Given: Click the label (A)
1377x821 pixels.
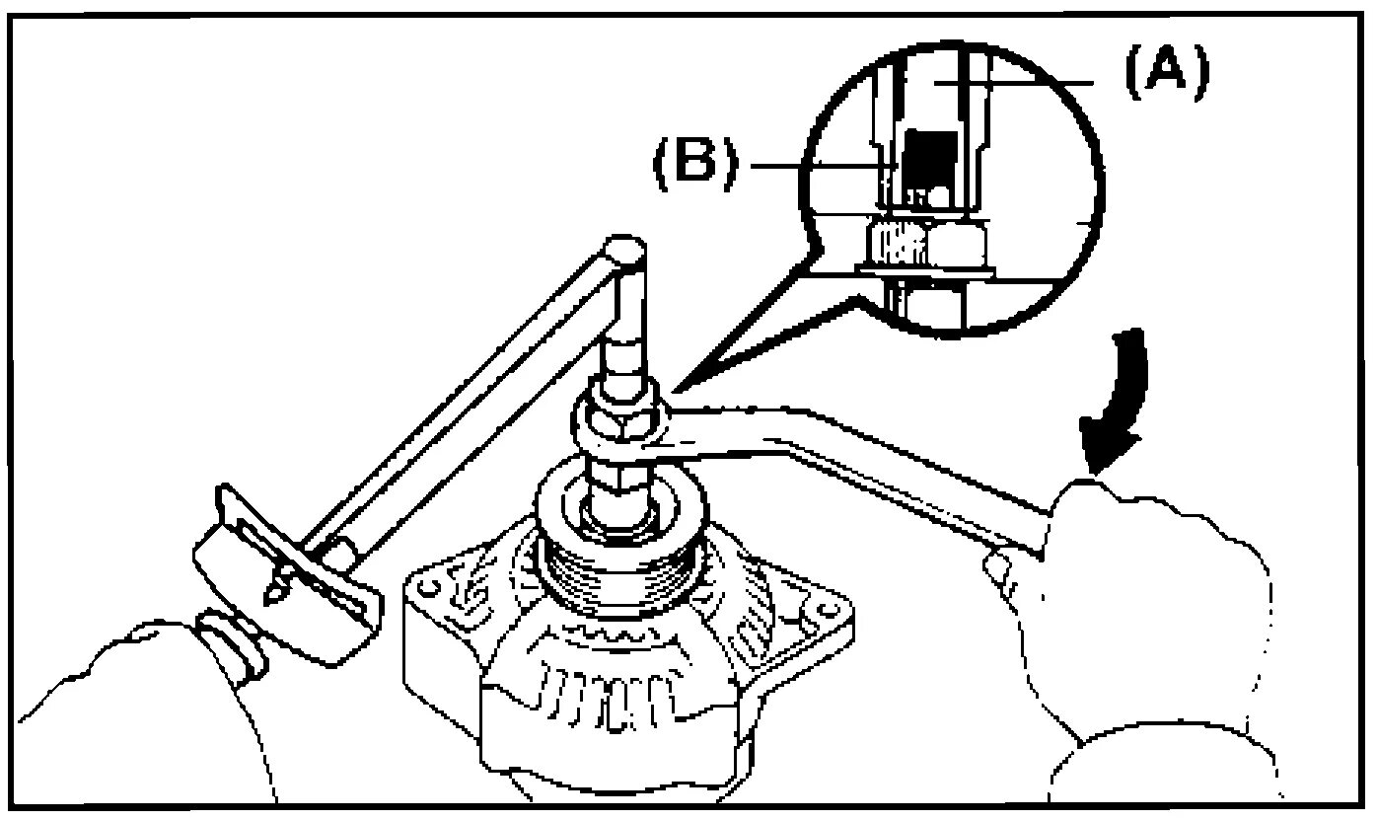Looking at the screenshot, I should (1164, 76).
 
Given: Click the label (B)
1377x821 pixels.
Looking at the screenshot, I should (696, 164).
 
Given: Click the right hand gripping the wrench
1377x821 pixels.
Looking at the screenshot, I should (1154, 612).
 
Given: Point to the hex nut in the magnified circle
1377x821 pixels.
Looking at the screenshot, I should (927, 242).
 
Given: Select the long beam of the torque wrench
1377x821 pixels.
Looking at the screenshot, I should (464, 395).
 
